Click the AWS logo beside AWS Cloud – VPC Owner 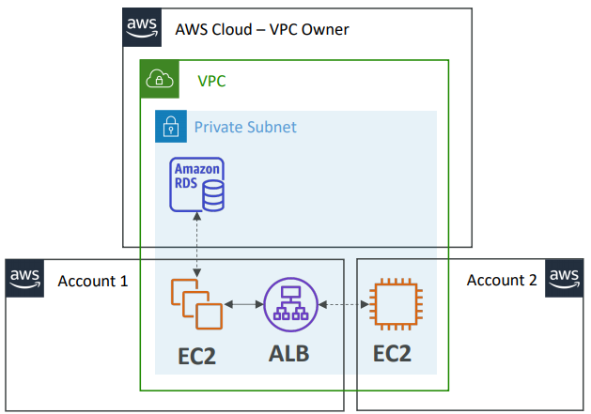tap(142, 27)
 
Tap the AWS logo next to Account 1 tap(24, 279)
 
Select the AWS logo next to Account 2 tap(564, 278)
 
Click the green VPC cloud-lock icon tap(160, 79)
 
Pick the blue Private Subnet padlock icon tap(171, 126)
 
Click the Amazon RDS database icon tap(196, 185)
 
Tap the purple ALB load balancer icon tap(290, 304)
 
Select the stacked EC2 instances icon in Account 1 tap(196, 304)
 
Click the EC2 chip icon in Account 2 tap(396, 304)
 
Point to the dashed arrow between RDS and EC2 tap(196, 245)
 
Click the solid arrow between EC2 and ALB tap(244, 304)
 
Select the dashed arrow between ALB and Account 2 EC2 tap(344, 304)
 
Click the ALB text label tap(289, 354)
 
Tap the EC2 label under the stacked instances tap(196, 356)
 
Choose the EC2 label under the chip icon tap(392, 354)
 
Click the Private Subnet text tap(245, 127)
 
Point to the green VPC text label tap(211, 81)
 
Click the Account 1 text tap(93, 281)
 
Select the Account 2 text tap(502, 281)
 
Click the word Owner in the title tap(325, 29)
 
